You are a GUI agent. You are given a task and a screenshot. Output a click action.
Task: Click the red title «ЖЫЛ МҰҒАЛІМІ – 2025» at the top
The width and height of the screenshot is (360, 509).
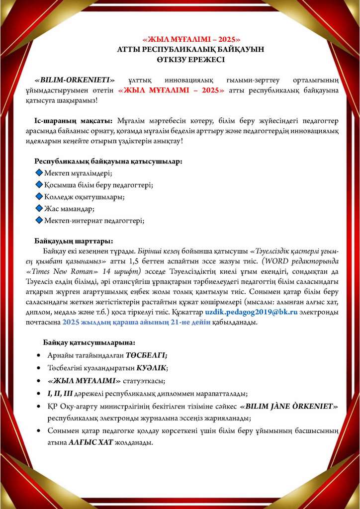(x=191, y=39)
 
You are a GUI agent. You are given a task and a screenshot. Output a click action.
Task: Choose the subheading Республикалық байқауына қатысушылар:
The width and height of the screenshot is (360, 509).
(x=108, y=161)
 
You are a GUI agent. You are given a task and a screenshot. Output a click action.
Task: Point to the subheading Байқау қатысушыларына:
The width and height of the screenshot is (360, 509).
(x=89, y=342)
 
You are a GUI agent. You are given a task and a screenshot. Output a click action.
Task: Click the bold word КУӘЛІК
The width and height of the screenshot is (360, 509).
(x=152, y=368)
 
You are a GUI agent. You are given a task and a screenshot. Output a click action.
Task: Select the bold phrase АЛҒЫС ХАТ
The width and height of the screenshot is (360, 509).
(x=86, y=442)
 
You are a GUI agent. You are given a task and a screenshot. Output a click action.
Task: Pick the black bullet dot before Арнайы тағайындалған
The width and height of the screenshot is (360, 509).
(x=39, y=356)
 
